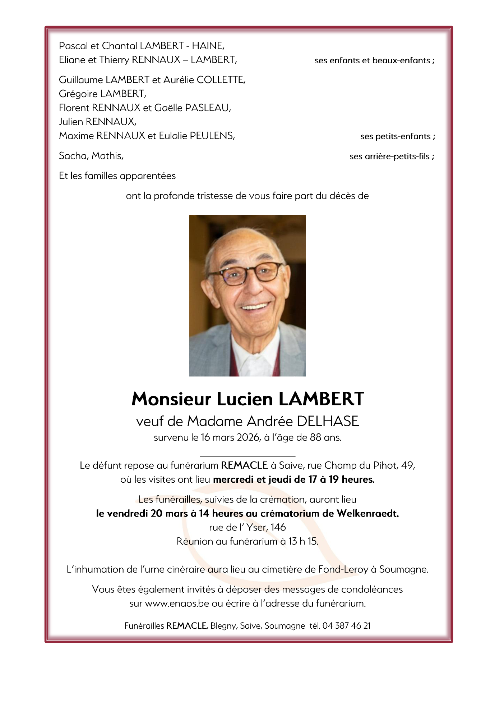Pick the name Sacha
(73, 156)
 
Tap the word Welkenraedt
(367, 514)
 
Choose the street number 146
(278, 528)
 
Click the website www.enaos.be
(177, 604)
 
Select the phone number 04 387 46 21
(346, 626)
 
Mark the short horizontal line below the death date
(247, 456)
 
